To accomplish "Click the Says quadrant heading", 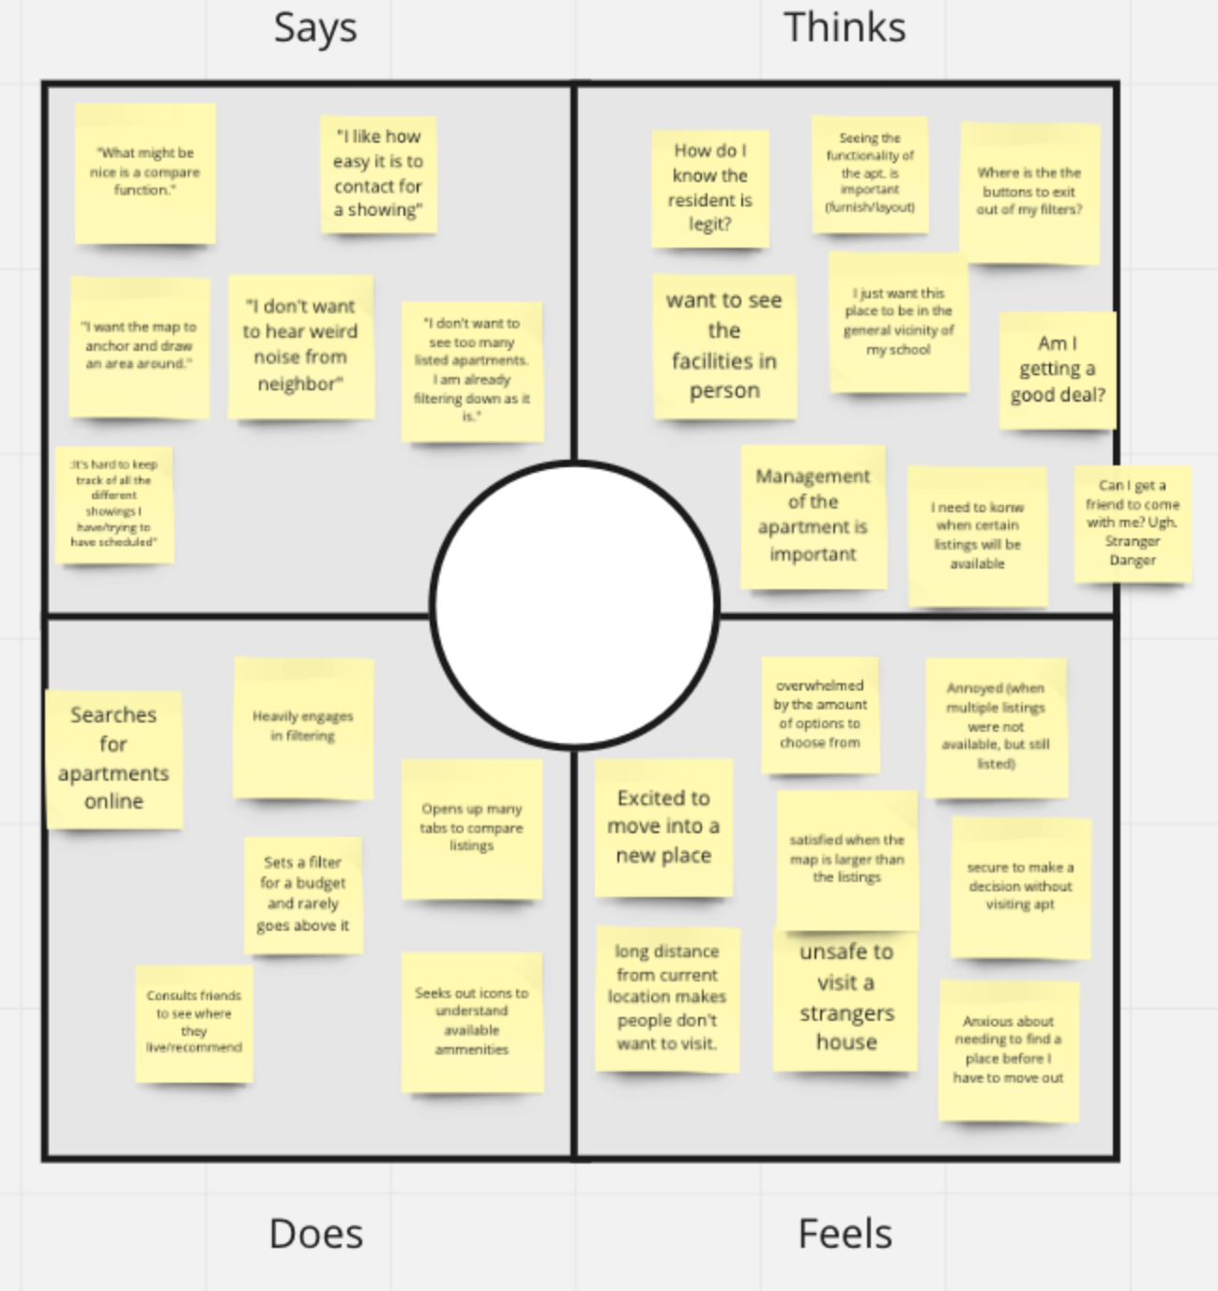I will click(315, 28).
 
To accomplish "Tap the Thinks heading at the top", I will click(844, 28).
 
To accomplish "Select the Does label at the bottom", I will click(315, 1233).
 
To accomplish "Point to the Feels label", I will click(845, 1233).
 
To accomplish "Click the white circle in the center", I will click(574, 606).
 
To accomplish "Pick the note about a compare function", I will click(145, 173).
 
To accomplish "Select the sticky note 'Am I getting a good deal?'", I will click(1058, 370).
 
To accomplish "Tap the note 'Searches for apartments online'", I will click(114, 758).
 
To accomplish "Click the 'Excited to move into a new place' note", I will click(663, 827).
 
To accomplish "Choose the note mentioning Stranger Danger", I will click(1132, 524).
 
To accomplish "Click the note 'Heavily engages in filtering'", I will click(303, 727).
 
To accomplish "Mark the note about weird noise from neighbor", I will click(300, 345).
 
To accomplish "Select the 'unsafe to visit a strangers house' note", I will click(845, 997).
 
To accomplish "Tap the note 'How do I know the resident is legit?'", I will click(710, 188).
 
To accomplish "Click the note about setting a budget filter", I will click(303, 894).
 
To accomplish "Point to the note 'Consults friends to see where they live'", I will click(194, 1022).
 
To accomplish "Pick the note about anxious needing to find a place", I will click(1008, 1050).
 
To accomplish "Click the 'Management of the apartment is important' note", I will click(813, 516).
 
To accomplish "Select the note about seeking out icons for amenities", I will click(471, 1021).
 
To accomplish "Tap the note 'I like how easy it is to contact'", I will click(378, 174).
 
